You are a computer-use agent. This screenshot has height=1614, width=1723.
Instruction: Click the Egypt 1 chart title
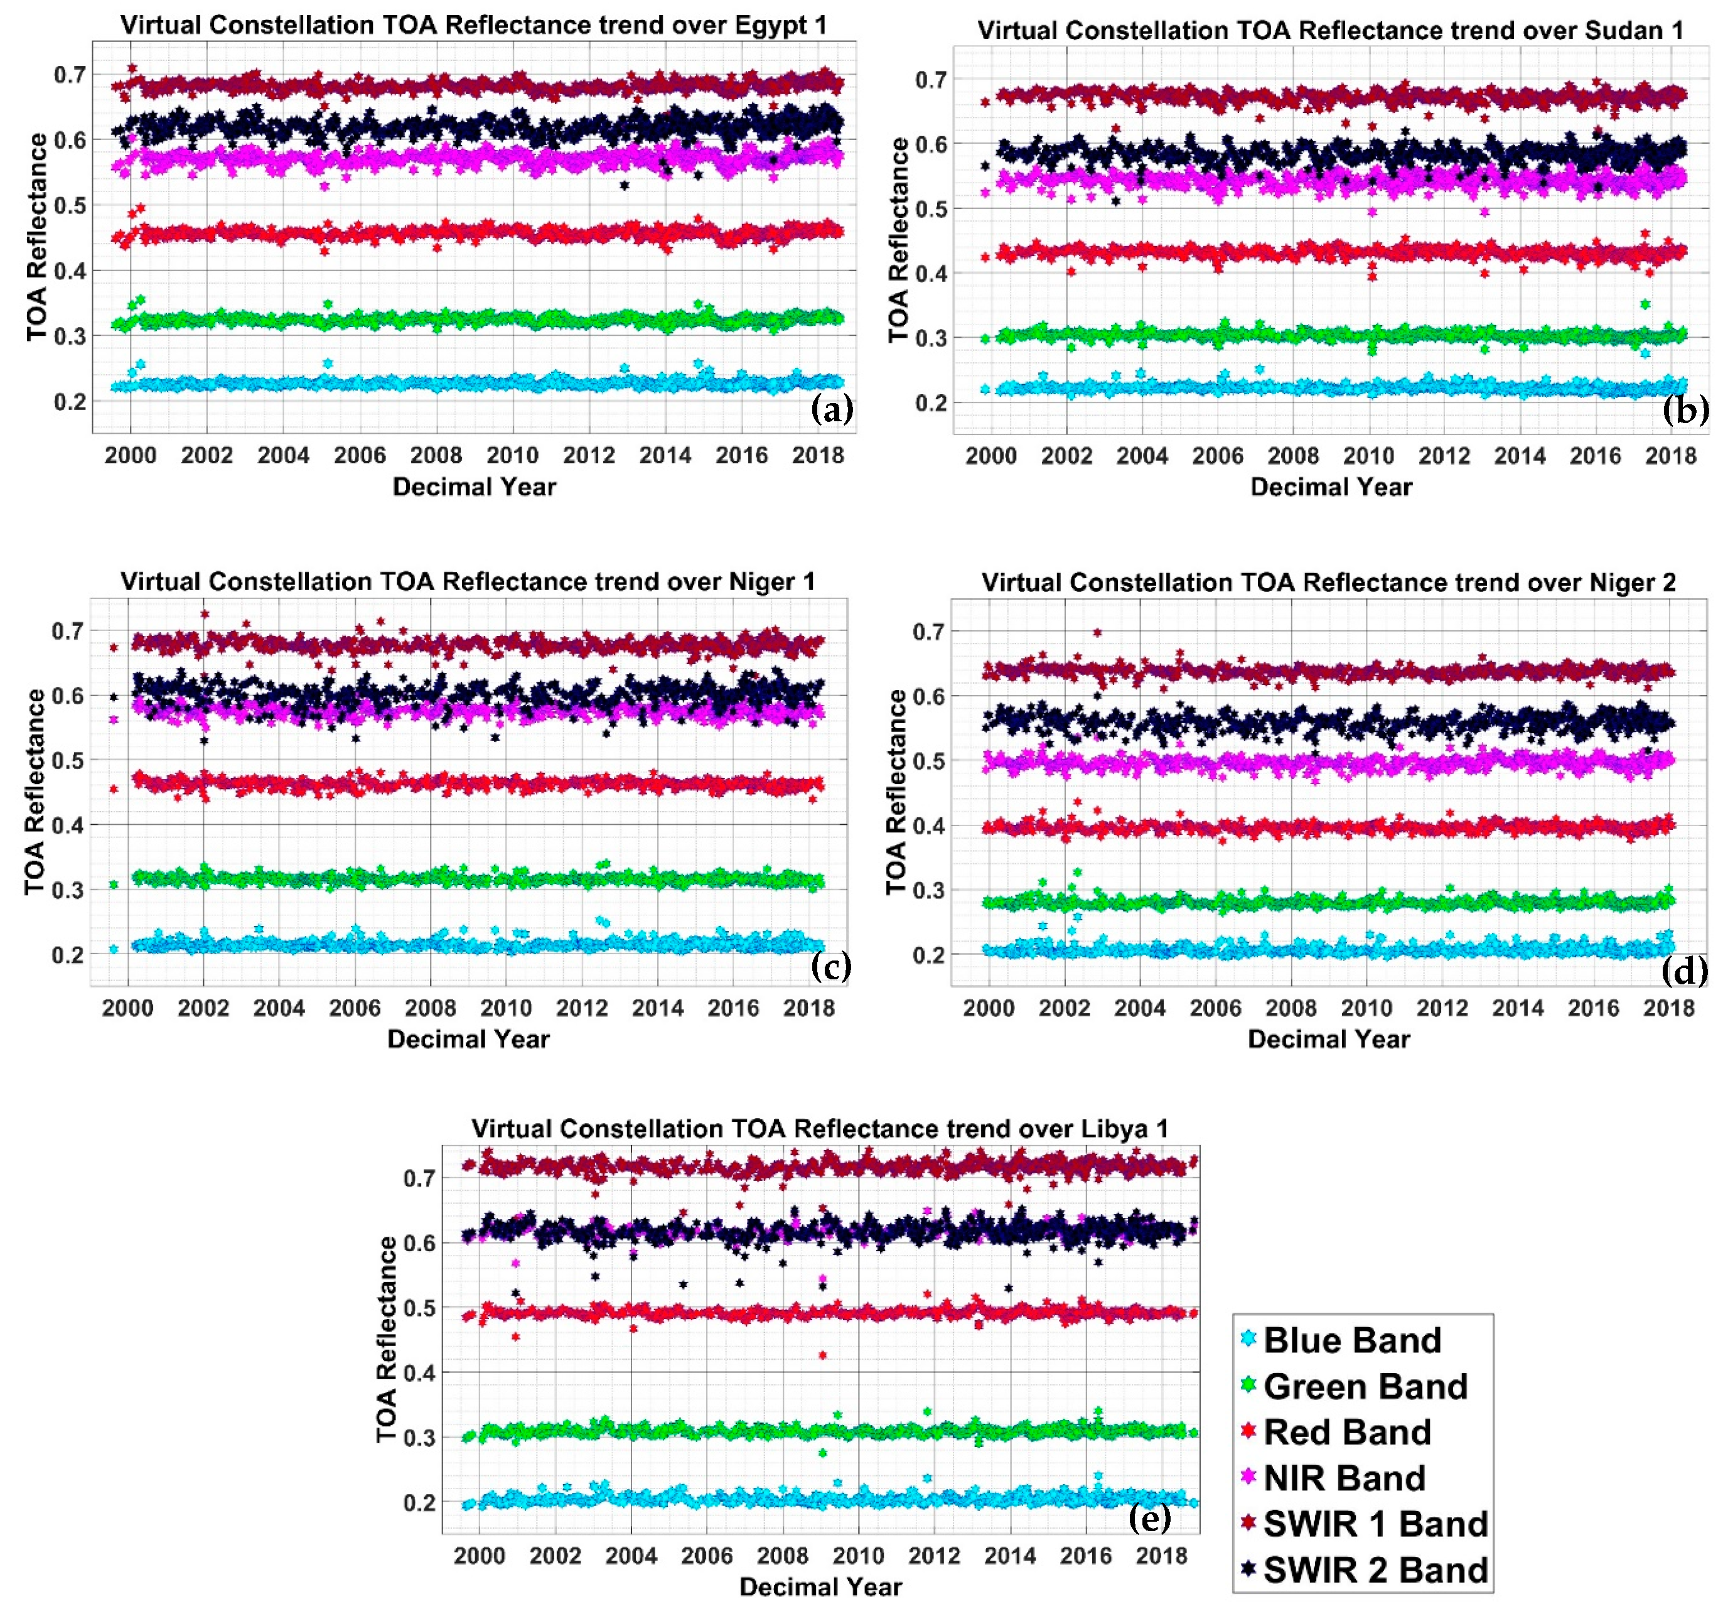(473, 25)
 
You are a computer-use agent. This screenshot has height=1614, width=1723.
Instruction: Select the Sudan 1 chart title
(1331, 30)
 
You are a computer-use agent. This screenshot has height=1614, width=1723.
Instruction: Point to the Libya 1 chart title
(820, 1129)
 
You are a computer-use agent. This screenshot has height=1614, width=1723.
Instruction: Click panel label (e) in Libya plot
(1150, 1517)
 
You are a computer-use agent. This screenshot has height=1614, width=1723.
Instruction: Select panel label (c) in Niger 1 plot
(830, 965)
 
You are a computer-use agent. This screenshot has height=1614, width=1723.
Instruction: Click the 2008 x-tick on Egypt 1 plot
(436, 455)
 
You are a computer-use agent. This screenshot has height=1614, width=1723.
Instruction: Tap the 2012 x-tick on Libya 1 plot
(933, 1556)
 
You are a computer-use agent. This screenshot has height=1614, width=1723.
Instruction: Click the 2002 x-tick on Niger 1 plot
(203, 1008)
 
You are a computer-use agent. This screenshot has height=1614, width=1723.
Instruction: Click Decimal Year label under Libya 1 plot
(820, 1587)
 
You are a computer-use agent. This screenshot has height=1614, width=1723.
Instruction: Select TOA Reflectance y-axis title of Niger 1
(34, 792)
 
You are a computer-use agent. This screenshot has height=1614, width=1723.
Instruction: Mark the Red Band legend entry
(1347, 1433)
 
